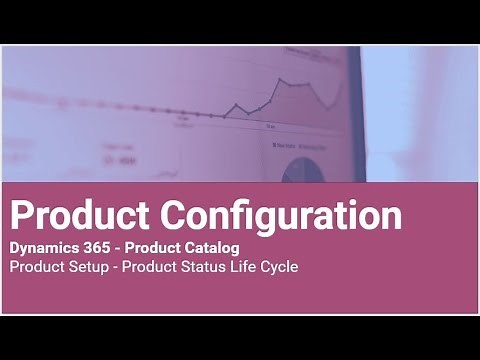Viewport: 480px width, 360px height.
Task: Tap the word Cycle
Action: tap(280, 268)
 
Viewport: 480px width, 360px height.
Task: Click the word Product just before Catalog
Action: tap(156, 247)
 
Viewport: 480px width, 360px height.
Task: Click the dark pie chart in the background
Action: tap(302, 170)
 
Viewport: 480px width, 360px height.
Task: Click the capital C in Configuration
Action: tap(180, 214)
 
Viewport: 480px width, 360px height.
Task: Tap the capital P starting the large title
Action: tap(21, 214)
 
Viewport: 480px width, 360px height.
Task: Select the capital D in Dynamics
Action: tap(14, 247)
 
